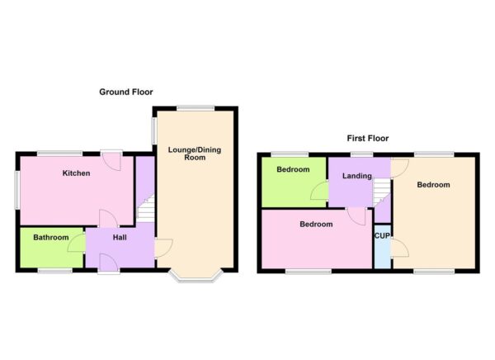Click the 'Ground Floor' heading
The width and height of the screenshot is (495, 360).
click(126, 92)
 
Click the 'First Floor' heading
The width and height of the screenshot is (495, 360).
click(368, 139)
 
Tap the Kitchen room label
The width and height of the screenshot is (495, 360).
click(76, 173)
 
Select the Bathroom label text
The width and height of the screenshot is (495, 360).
click(50, 238)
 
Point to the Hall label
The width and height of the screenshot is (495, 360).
click(119, 238)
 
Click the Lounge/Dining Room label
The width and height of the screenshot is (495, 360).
click(195, 154)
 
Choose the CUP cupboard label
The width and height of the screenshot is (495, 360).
click(382, 236)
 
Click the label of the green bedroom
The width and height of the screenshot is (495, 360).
click(293, 170)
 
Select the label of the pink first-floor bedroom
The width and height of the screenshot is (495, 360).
click(316, 225)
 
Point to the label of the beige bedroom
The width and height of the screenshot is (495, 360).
click(433, 185)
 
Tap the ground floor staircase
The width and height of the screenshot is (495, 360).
click(145, 209)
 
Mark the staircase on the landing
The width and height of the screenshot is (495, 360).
click(381, 195)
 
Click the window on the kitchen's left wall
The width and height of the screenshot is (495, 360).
click(16, 189)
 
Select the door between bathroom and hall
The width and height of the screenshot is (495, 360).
click(78, 242)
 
